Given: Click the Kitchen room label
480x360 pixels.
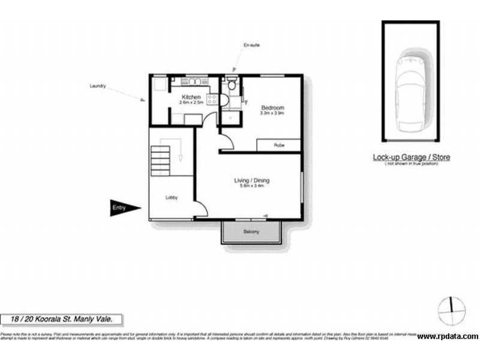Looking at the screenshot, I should coord(192,97).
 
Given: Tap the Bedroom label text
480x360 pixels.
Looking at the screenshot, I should coord(272,107).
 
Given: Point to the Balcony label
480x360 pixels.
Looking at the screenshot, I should coord(251,232).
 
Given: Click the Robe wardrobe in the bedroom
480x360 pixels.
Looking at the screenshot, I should coord(278,145).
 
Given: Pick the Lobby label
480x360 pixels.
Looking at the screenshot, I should coord(171,197).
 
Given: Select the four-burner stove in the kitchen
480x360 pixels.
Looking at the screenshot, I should coord(212,100).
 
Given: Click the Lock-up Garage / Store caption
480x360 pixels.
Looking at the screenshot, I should coord(411,157).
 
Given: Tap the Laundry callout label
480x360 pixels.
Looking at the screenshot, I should coord(98,86).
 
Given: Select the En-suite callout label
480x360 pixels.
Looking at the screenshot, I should coord(251,45).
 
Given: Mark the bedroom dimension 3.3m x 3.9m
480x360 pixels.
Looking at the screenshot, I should coord(272,113).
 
